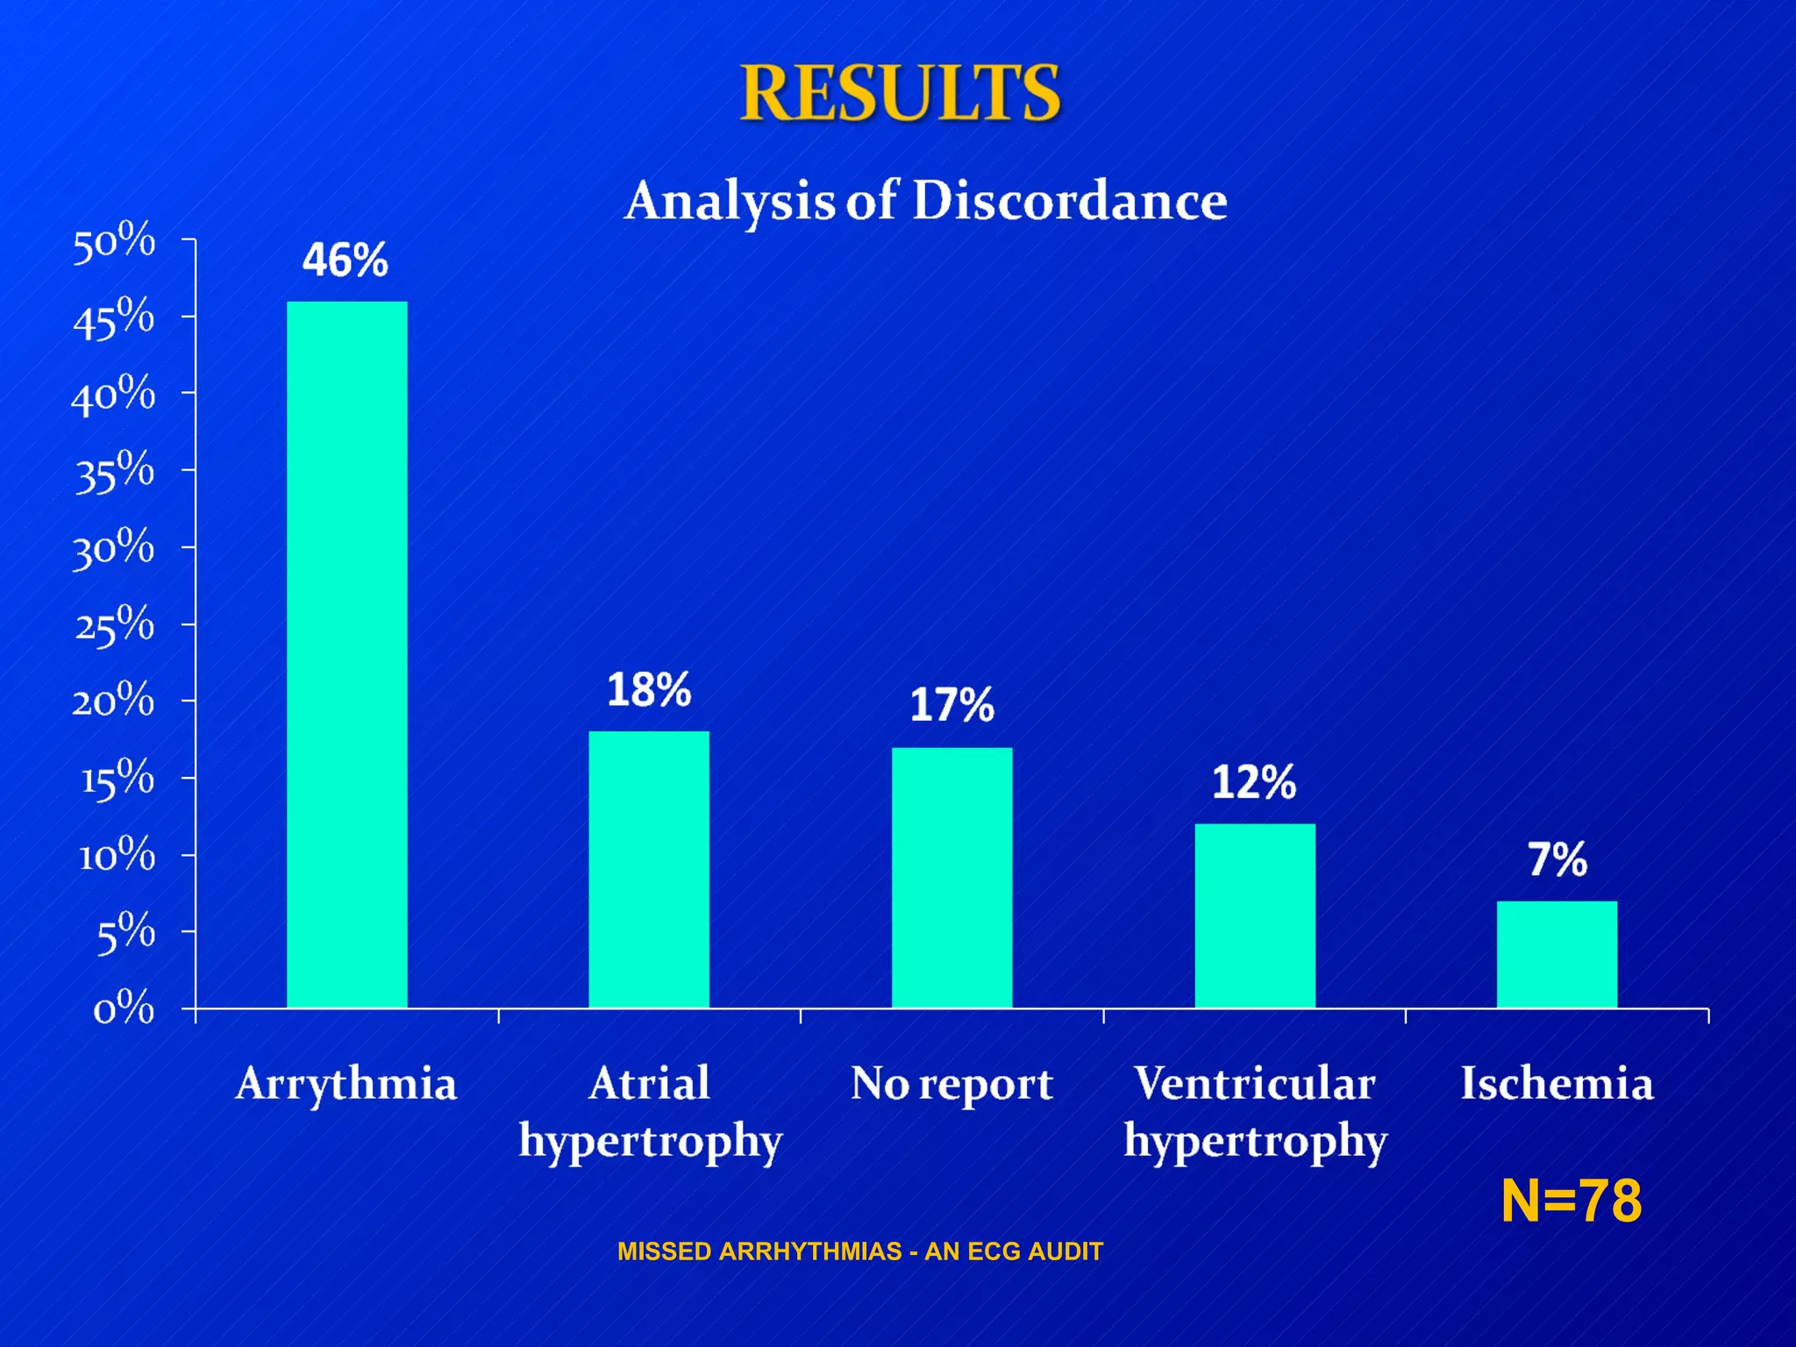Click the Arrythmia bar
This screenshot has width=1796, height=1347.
point(346,654)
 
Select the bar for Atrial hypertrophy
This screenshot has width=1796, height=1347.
point(648,869)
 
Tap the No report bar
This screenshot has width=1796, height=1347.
point(951,877)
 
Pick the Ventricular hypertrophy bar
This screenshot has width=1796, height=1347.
point(1254,916)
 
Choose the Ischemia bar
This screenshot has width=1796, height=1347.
point(1557,954)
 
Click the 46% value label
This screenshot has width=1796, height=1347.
point(345,260)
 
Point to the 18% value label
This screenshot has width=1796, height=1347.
point(649,690)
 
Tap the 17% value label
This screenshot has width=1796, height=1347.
point(951,705)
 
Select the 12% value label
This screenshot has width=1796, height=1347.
point(1254,782)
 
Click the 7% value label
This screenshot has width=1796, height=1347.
point(1557,859)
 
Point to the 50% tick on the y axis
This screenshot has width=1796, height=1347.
point(114,242)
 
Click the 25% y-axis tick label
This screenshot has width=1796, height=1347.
point(114,626)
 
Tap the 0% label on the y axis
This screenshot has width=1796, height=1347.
point(124,1009)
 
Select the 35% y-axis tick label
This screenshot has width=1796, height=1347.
point(114,472)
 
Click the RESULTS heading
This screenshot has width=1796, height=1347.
point(901,93)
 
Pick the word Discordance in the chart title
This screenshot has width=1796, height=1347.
point(1069,201)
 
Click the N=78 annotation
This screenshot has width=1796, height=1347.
point(1571,1201)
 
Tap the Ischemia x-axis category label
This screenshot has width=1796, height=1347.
point(1557,1083)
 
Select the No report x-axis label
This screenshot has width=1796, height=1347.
point(951,1084)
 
